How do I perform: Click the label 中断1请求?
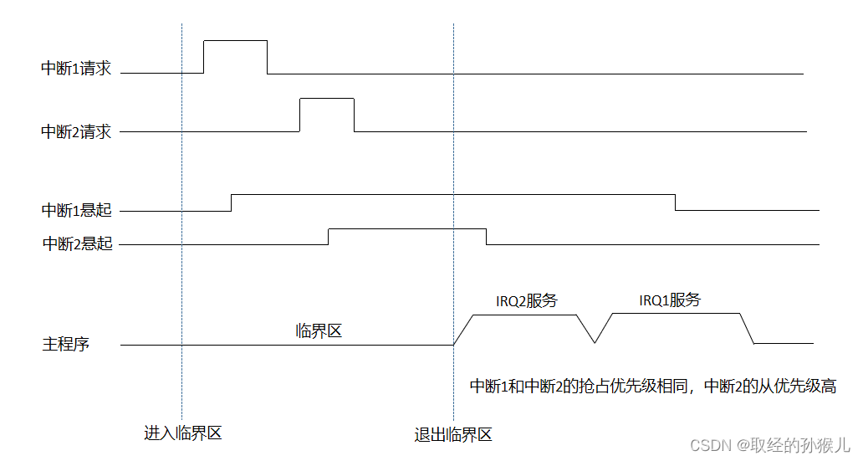pos(76,68)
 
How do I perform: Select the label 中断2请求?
pos(76,131)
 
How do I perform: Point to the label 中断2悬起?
pos(77,244)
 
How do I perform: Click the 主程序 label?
pos(65,344)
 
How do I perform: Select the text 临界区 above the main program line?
pos(319,331)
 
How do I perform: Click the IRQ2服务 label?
pos(526,300)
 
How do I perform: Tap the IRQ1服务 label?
pos(669,300)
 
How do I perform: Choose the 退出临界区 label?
pos(452,435)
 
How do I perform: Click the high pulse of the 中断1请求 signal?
pos(235,40)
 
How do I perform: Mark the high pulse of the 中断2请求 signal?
pos(326,99)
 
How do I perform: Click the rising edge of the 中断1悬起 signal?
pos(231,202)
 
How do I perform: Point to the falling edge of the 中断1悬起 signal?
pos(676,202)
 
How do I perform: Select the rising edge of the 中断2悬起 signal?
pos(328,236)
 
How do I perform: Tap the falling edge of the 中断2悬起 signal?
pos(487,236)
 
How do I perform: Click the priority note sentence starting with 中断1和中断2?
pos(652,387)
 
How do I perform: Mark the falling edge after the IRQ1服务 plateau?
pos(748,328)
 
